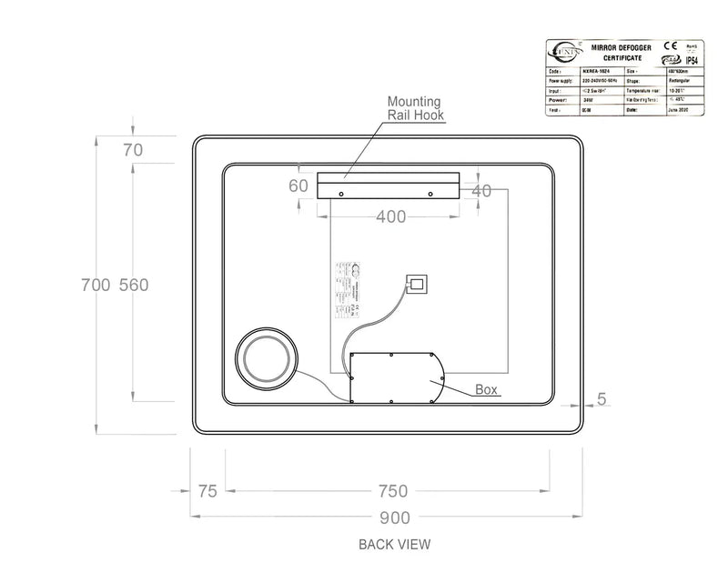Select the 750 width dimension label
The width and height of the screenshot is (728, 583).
point(392,491)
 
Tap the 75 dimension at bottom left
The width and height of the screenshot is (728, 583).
point(207,491)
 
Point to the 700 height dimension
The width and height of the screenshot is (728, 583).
point(97,285)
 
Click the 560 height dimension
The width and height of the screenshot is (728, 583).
point(133,285)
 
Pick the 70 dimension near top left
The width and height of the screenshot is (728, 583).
point(133,151)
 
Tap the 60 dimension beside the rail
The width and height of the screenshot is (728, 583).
point(298,186)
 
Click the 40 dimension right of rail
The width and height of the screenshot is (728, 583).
point(481,191)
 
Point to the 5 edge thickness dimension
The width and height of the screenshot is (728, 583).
point(602,397)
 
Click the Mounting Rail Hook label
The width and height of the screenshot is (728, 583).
point(415,108)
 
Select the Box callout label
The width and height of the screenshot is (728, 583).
point(488,389)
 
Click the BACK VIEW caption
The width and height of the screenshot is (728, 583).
point(394,545)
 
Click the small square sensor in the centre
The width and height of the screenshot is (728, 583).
point(418,284)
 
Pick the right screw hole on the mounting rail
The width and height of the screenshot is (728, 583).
point(430,193)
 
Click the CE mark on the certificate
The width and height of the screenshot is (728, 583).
point(669,45)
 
